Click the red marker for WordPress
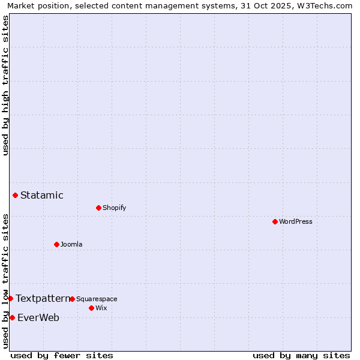(275, 221)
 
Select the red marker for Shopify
(98, 208)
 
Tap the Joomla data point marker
(56, 244)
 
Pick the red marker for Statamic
(15, 195)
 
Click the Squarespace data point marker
(72, 299)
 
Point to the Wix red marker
(91, 308)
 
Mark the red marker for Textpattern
(10, 298)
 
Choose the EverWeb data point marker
(12, 317)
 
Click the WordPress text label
(295, 221)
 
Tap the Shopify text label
(114, 208)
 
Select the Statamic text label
(42, 195)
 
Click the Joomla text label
(71, 244)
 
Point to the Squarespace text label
(97, 299)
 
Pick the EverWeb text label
(38, 317)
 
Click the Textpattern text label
(43, 298)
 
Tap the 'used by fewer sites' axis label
(62, 355)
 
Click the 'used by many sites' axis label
(301, 355)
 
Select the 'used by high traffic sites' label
(5, 85)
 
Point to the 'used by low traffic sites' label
(5, 281)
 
